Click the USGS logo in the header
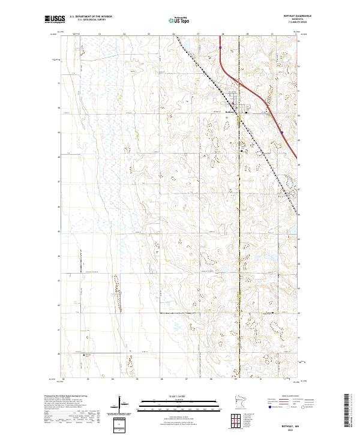(54, 20)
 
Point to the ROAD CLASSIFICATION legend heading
(290, 397)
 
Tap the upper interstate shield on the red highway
(221, 44)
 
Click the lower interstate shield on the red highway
(281, 132)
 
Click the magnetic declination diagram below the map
(119, 405)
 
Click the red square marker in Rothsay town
(233, 103)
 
